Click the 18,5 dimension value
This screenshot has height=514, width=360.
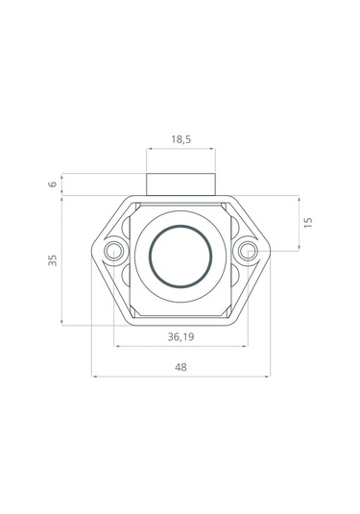tap(180, 139)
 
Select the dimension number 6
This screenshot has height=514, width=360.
tap(53, 184)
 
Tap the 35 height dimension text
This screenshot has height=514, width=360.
tap(53, 260)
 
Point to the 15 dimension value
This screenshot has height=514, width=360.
tap(308, 223)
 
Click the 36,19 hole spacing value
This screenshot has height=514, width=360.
tap(180, 336)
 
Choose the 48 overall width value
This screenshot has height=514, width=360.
tap(180, 367)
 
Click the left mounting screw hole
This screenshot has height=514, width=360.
tap(113, 252)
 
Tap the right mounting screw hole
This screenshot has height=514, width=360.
tap(248, 251)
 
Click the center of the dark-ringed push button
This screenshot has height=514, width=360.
tap(180, 257)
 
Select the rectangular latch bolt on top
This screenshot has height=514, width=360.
tap(180, 184)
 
